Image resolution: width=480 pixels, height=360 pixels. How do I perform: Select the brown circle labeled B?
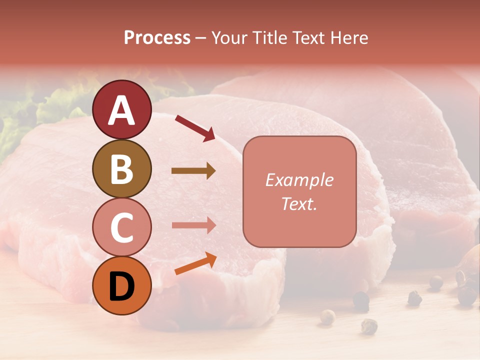click(121, 169)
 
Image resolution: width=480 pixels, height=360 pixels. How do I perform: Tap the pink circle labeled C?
click(121, 227)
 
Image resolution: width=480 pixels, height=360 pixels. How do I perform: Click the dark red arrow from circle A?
click(195, 127)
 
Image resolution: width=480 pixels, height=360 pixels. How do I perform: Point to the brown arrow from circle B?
click(193, 171)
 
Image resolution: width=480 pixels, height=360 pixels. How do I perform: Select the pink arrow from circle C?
click(193, 225)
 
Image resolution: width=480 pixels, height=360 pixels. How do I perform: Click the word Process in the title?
click(157, 37)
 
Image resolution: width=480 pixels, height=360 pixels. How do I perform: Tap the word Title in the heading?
click(271, 37)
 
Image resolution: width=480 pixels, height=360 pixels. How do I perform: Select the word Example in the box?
click(299, 180)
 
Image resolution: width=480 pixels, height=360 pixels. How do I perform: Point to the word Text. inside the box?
click(299, 203)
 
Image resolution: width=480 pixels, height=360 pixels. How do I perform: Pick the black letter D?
click(121, 287)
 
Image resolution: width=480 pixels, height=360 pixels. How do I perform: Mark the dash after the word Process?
click(200, 38)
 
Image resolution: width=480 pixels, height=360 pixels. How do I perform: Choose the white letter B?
click(121, 169)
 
